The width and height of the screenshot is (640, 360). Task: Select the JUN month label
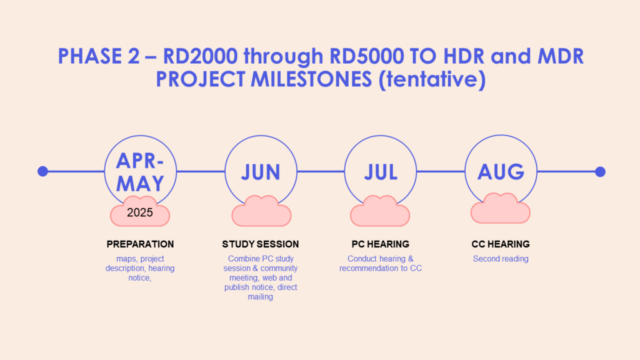[261, 172]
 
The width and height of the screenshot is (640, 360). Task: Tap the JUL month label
[381, 172]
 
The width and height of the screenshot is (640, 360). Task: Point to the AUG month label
[501, 172]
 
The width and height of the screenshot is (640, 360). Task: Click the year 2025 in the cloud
[140, 212]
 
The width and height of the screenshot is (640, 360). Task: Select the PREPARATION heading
[140, 244]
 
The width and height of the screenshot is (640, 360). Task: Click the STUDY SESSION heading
[261, 244]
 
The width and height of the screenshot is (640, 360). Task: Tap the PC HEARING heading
[381, 244]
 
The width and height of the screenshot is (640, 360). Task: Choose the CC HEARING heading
[501, 244]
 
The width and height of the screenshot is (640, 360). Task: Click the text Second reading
[501, 259]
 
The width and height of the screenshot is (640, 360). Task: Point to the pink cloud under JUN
[261, 211]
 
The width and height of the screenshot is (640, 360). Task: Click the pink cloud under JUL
[380, 211]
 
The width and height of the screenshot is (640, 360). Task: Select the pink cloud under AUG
[501, 208]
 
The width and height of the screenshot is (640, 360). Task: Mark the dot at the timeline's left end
[43, 171]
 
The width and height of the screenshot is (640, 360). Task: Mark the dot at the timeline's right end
[600, 172]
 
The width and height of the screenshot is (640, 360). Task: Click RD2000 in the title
[200, 56]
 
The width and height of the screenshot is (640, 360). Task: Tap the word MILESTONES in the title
[311, 79]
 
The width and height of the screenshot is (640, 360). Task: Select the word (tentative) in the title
[432, 79]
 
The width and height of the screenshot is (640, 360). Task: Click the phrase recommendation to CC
[381, 268]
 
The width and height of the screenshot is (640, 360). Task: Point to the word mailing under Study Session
[261, 297]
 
